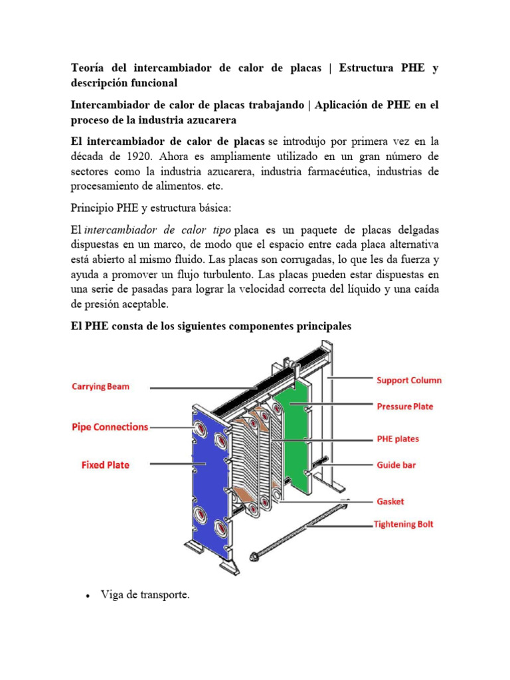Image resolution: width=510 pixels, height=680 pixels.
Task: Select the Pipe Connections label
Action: pyautogui.click(x=110, y=427)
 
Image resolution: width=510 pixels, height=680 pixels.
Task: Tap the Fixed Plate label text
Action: pyautogui.click(x=102, y=465)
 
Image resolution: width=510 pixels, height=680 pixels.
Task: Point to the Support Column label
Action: pyautogui.click(x=408, y=381)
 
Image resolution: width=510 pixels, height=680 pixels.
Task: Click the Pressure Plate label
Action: pyautogui.click(x=404, y=406)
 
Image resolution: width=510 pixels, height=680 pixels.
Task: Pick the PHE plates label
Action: pyautogui.click(x=398, y=439)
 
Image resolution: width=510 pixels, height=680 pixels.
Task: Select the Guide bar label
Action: pyautogui.click(x=396, y=466)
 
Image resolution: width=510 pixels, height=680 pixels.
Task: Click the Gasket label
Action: pyautogui.click(x=390, y=501)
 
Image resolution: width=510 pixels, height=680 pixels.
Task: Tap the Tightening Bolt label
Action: pyautogui.click(x=404, y=524)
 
